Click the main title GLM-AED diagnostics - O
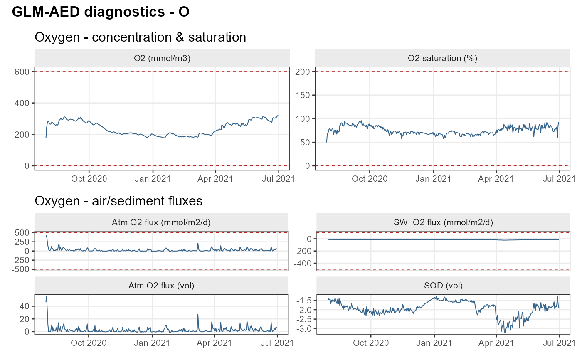click(101, 12)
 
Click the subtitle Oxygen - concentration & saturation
click(141, 37)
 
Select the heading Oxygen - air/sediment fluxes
click(118, 201)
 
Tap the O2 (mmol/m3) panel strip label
click(162, 58)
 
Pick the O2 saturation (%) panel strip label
click(442, 58)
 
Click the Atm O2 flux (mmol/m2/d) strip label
click(161, 222)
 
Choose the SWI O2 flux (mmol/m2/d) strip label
click(443, 222)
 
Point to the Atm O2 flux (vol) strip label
click(161, 286)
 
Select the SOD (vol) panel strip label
click(443, 286)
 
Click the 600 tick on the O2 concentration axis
click(22, 72)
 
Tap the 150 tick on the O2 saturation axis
click(303, 95)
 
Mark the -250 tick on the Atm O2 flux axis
click(20, 260)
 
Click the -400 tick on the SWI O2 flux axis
click(303, 264)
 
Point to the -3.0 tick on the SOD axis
click(304, 329)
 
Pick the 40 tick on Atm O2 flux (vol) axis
click(25, 306)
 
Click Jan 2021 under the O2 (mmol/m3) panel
click(153, 179)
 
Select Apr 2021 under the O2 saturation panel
click(496, 179)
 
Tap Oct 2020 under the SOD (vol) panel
click(371, 343)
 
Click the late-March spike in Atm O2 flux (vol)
click(198, 315)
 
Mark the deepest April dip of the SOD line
click(505, 332)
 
